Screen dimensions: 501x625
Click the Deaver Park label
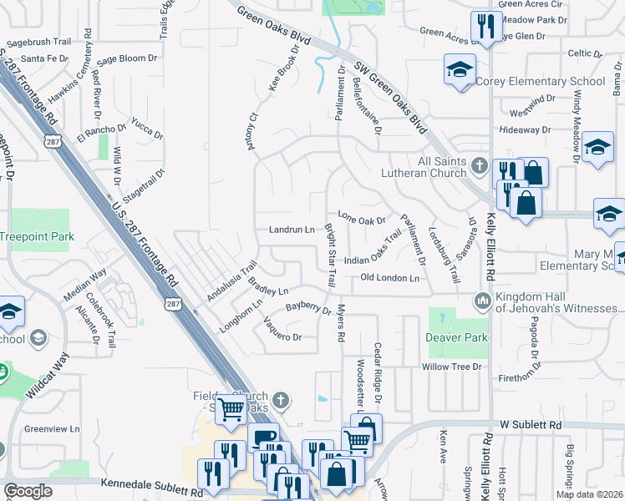(x=455, y=338)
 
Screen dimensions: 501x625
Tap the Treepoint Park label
(x=37, y=237)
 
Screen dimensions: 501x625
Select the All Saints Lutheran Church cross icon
(x=478, y=164)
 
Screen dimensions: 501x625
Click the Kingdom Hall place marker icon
(x=480, y=300)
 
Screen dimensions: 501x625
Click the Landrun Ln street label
(x=292, y=230)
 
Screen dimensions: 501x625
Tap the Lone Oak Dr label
(x=361, y=220)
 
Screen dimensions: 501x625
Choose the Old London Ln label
(x=389, y=277)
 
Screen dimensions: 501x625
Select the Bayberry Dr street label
(x=308, y=307)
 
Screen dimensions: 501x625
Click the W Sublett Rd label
(x=531, y=425)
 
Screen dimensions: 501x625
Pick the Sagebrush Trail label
(x=39, y=41)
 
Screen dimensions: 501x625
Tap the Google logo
(x=28, y=491)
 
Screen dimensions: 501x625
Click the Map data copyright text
(x=589, y=494)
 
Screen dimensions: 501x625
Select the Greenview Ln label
(x=52, y=429)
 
